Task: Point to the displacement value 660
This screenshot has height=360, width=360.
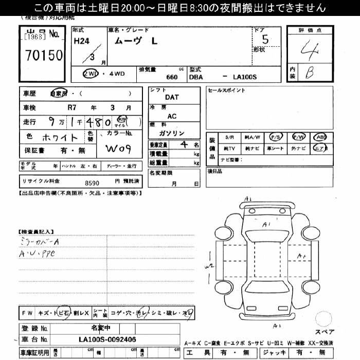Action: pyautogui.click(x=172, y=77)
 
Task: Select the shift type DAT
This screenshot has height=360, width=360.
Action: pyautogui.click(x=172, y=97)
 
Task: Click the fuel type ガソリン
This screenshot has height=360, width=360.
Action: pyautogui.click(x=172, y=133)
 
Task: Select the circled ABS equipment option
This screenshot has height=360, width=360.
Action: pyautogui.click(x=321, y=137)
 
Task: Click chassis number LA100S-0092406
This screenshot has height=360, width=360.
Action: pyautogui.click(x=107, y=339)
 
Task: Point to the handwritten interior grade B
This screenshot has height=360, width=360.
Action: pyautogui.click(x=309, y=74)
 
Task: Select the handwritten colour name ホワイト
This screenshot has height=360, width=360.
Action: pyautogui.click(x=60, y=138)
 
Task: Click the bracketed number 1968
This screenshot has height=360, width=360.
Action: pyautogui.click(x=34, y=37)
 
